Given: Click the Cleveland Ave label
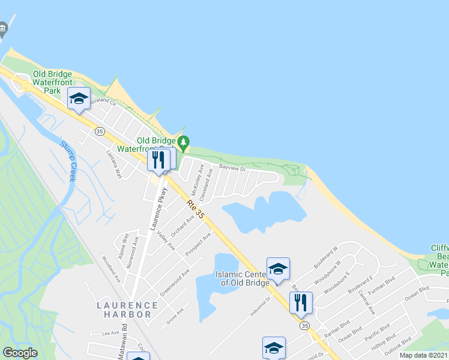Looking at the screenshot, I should coord(206,184).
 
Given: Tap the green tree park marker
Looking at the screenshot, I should coord(185,144).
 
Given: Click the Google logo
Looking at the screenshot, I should coord(20,353).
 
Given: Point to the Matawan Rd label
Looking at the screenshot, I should coord(122,348).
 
